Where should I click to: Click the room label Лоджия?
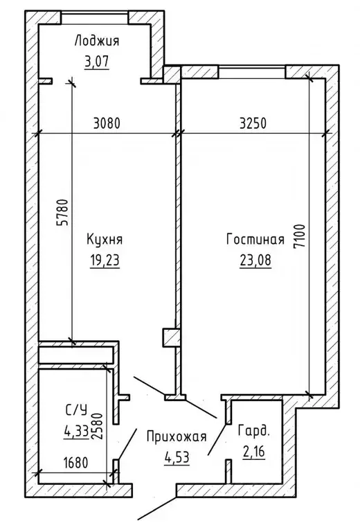click(97, 42)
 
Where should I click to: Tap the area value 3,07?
click(97, 62)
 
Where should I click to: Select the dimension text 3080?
click(107, 123)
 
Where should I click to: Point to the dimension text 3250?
click(253, 123)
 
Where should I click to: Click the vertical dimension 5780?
click(63, 212)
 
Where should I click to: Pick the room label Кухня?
click(105, 240)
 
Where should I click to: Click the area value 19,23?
click(105, 261)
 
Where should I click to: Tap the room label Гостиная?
click(255, 240)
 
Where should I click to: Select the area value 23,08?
click(255, 261)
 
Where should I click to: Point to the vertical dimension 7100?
click(299, 236)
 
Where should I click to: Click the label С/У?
click(76, 410)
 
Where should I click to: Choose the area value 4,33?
click(76, 432)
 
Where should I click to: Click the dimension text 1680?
click(75, 463)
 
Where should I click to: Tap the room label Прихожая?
click(177, 436)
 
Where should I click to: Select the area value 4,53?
click(177, 457)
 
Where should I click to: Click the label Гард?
click(254, 431)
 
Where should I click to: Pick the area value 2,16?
click(254, 452)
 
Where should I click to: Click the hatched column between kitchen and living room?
click(171, 337)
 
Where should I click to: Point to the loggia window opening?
click(95, 17)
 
